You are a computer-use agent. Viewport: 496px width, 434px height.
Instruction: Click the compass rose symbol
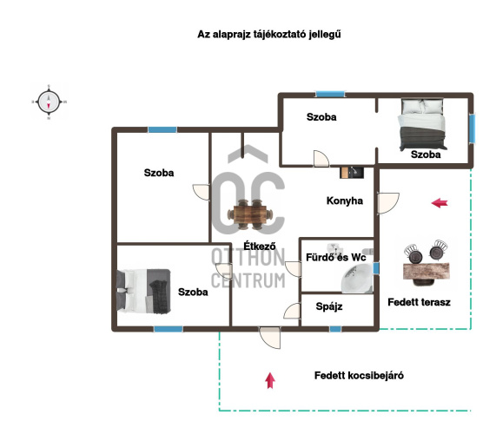(x=49, y=102)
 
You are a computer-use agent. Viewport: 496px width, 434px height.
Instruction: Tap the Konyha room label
(x=345, y=201)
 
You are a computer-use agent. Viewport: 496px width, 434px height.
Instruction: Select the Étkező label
(x=260, y=246)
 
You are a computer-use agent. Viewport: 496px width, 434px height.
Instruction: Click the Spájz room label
(x=329, y=306)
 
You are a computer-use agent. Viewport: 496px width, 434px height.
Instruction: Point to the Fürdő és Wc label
(x=335, y=257)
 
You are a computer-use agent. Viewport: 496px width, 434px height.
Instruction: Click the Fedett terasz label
(x=419, y=302)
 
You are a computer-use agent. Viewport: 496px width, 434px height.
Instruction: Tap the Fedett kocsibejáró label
(x=359, y=376)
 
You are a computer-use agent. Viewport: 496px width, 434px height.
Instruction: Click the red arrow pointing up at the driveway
(x=270, y=380)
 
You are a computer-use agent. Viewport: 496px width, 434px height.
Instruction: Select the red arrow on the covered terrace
(x=440, y=203)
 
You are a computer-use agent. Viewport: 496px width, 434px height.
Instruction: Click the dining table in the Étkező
(x=250, y=214)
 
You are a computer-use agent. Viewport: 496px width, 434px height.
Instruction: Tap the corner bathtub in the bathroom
(x=357, y=278)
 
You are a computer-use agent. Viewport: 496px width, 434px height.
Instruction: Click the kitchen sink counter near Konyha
(x=352, y=173)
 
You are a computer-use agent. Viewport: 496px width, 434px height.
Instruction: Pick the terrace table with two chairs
(x=427, y=263)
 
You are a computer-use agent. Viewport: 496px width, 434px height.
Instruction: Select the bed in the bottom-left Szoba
(x=144, y=291)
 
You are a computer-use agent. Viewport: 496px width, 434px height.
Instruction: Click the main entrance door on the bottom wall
(x=270, y=338)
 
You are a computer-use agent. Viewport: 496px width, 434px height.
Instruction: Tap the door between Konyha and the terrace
(x=388, y=203)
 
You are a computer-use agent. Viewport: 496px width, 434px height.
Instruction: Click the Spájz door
(x=292, y=311)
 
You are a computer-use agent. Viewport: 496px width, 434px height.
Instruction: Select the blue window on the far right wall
(x=472, y=128)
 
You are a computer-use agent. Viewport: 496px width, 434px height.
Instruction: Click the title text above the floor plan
(x=269, y=35)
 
